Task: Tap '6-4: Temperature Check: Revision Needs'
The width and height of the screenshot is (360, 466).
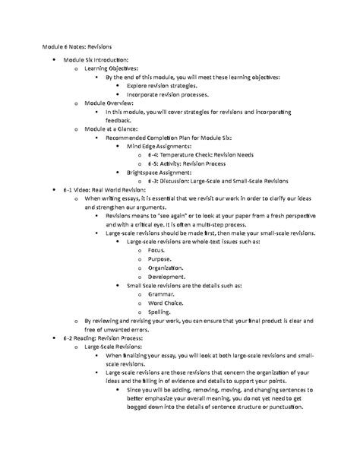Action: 207,155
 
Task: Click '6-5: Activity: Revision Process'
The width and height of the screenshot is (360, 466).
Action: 193,163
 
